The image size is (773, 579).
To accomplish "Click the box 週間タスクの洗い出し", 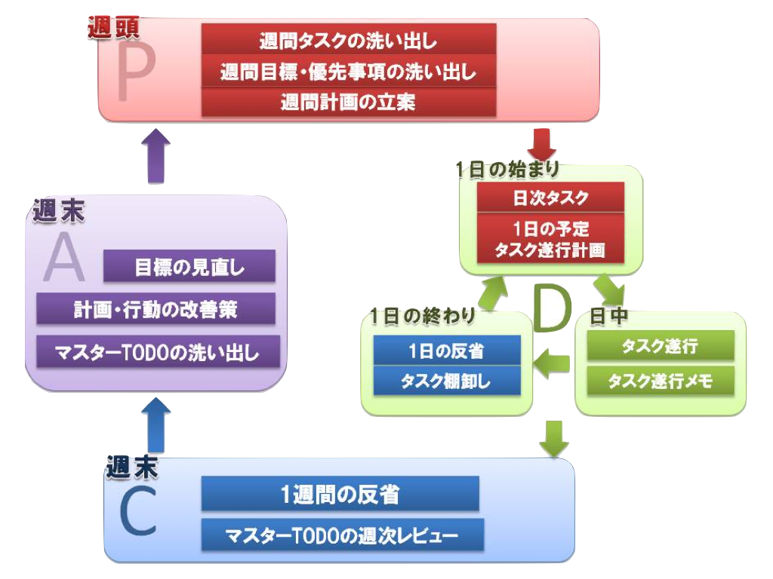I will click(x=348, y=39).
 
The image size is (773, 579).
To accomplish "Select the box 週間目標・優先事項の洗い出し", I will click(x=348, y=72).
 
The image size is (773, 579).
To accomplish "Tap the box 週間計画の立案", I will click(x=348, y=102).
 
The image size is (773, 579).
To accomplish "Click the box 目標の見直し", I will click(x=189, y=266).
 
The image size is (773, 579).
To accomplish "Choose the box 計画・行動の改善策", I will click(x=156, y=309).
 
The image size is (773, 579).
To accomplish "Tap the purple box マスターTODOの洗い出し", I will click(x=156, y=351).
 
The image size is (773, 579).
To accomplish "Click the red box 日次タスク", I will click(x=550, y=198).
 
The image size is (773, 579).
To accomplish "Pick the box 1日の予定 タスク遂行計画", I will click(x=550, y=238).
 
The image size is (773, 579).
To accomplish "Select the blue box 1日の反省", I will click(x=447, y=350).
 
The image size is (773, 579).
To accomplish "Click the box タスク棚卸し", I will click(x=447, y=380).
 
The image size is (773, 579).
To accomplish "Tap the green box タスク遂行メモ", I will click(x=661, y=380).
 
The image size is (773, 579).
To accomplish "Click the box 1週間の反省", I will click(x=340, y=495).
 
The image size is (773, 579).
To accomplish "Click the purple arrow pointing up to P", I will click(x=156, y=155).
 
